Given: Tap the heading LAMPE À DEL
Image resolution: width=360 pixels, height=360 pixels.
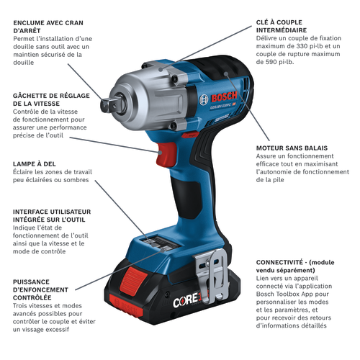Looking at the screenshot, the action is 35,164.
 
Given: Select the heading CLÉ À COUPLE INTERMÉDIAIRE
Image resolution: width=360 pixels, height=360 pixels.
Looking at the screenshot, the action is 282,26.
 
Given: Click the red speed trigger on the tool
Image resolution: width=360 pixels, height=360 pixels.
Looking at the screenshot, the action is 166,154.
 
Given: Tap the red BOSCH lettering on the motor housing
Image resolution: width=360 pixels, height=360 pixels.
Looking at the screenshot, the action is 224,97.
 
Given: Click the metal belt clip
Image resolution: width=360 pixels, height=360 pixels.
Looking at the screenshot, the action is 211,275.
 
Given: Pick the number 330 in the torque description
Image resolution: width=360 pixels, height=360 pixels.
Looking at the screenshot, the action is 302,46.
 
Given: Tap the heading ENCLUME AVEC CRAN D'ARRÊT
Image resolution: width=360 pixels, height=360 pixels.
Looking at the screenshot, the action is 48,27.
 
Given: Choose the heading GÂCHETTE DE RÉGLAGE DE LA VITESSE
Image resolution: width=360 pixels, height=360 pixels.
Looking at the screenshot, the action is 51,99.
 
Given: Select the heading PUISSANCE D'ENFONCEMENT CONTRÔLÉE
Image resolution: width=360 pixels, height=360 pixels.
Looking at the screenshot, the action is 40,289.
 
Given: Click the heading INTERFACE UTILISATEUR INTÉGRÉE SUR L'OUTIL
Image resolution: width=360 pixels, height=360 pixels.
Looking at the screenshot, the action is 52,215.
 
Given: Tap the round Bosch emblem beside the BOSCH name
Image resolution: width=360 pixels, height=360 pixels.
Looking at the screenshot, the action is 204,100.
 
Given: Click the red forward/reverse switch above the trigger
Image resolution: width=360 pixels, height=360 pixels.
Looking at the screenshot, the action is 190,135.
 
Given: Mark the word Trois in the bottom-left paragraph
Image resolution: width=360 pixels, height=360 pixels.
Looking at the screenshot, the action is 21,305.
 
